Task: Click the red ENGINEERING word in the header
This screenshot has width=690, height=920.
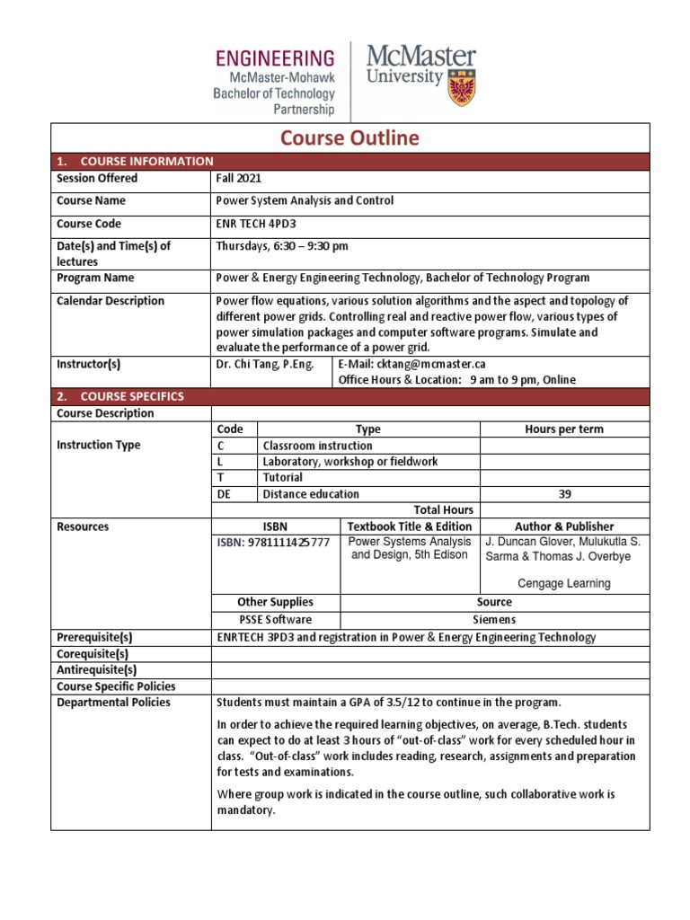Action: click(x=275, y=59)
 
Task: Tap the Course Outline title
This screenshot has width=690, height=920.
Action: click(x=349, y=137)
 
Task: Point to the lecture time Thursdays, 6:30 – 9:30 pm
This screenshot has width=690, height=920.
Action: click(x=282, y=246)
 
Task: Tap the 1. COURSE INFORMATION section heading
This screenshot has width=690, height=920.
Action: click(x=134, y=162)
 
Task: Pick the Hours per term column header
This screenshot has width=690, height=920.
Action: click(x=563, y=429)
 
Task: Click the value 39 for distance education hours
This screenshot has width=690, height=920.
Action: click(x=563, y=494)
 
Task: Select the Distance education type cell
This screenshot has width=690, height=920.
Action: click(x=311, y=494)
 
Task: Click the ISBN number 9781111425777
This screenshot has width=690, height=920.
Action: click(x=273, y=544)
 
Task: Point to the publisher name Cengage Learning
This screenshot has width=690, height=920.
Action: click(x=563, y=583)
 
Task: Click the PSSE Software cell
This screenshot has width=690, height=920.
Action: click(x=275, y=620)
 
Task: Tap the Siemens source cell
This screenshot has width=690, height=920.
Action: click(x=494, y=620)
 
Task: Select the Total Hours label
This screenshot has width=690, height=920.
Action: click(x=443, y=509)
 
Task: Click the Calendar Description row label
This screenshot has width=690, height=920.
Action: click(x=111, y=301)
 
